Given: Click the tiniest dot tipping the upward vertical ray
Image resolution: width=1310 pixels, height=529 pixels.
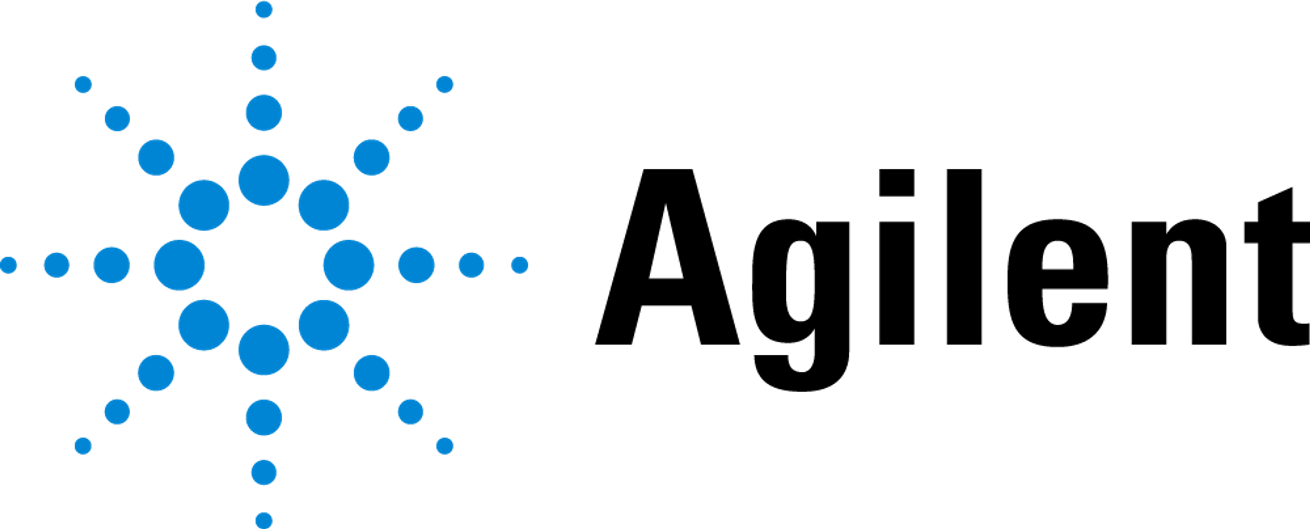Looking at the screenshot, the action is point(264,10).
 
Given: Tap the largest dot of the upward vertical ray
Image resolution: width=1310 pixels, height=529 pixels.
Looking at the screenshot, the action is point(264,180).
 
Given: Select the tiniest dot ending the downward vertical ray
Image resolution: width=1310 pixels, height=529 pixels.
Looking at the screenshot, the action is point(264,520).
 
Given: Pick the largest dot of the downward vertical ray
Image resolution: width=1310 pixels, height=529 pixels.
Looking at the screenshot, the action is point(264,350).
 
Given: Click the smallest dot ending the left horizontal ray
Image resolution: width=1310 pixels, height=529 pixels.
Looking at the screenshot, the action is point(9,265).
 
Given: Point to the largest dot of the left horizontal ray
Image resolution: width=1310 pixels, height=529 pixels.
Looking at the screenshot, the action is point(179,265).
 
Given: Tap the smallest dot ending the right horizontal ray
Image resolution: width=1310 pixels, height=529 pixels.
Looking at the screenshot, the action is point(519,265).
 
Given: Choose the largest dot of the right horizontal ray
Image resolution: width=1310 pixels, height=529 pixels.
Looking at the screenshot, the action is point(349,265).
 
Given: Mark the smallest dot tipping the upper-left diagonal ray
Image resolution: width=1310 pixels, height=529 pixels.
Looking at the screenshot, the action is point(83,85).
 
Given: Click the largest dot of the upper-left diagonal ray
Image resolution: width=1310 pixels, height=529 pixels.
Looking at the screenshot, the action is point(204,205).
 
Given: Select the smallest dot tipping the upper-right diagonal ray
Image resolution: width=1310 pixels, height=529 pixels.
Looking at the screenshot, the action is point(445,85).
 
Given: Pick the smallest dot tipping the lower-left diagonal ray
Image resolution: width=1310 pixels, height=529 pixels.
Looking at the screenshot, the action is point(83,446).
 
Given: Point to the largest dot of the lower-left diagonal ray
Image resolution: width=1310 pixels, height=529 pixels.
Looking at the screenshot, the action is point(204,325).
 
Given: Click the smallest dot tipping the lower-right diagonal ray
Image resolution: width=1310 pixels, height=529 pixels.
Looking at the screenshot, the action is point(445,446).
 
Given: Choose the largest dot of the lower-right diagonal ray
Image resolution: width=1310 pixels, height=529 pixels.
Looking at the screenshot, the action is point(324,325).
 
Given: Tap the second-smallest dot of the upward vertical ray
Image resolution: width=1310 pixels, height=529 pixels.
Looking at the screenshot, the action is point(264,58).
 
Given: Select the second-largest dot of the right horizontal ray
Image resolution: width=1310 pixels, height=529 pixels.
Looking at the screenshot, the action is point(417,265).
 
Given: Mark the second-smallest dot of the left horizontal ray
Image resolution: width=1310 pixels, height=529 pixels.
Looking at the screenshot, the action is point(56,265).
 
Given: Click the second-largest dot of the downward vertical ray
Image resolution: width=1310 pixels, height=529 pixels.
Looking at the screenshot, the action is point(264,417).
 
